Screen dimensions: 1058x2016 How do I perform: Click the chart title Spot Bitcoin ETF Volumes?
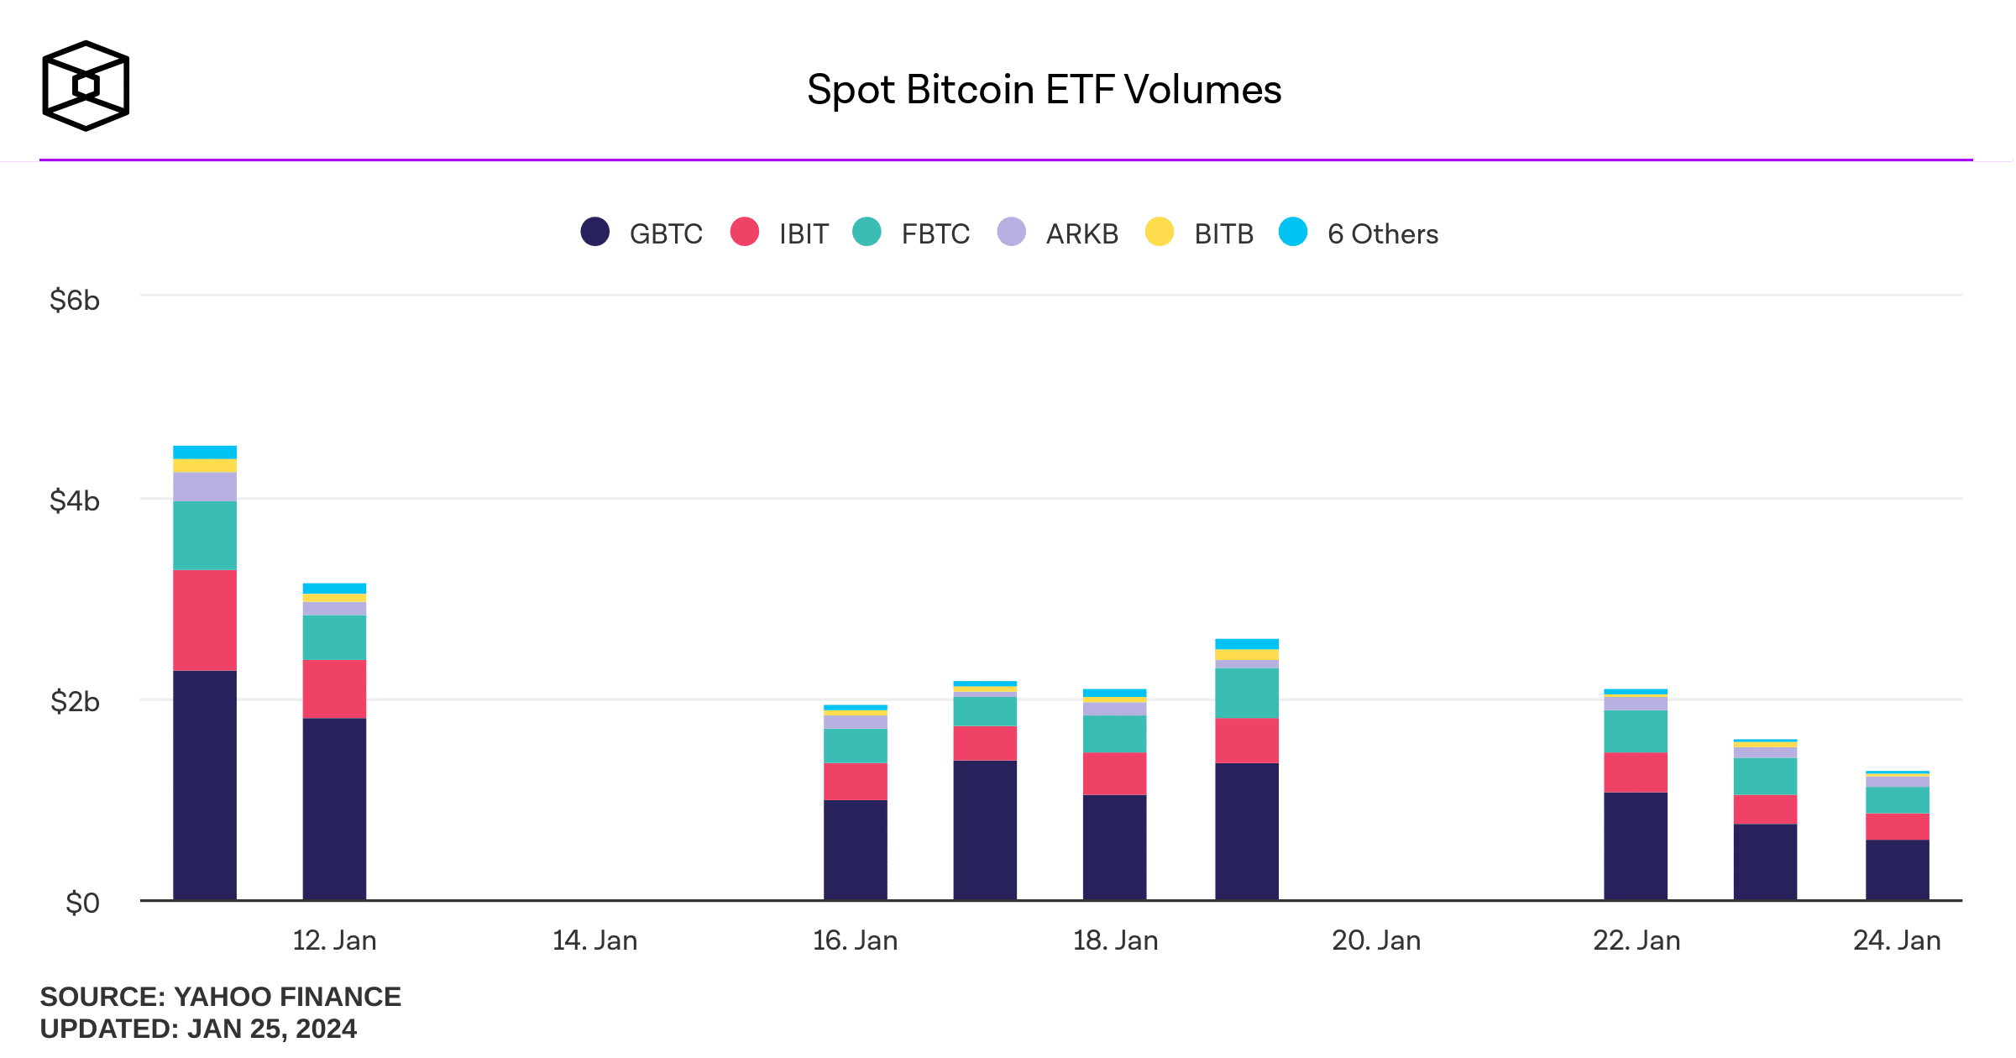tap(1044, 90)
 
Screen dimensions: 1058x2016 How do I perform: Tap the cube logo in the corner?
tap(86, 86)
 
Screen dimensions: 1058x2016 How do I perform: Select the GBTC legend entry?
tap(642, 233)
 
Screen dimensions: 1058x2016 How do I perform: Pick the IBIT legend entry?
tap(780, 233)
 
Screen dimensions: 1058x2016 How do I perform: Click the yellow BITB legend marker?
tap(1160, 232)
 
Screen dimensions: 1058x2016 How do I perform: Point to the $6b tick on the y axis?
tap(75, 300)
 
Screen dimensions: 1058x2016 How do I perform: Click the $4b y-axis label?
tap(75, 501)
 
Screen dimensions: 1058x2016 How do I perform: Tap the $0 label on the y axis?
tap(82, 903)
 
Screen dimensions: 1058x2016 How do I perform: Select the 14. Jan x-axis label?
tap(594, 940)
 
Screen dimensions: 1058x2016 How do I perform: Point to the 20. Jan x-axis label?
tap(1376, 940)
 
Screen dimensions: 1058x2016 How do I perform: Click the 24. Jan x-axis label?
tap(1897, 940)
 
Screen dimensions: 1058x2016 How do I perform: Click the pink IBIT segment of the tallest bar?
tap(205, 621)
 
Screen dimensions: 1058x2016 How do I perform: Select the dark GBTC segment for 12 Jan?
tap(334, 809)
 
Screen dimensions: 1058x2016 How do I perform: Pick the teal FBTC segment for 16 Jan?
tap(855, 746)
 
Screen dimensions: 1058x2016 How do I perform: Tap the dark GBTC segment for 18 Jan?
tap(1114, 847)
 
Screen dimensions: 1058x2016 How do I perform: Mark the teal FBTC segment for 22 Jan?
tap(1636, 731)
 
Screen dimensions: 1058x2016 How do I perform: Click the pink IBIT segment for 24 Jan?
tap(1897, 827)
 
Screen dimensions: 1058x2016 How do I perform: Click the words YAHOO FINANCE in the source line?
tap(287, 997)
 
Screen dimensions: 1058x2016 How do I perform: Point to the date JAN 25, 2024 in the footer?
tap(272, 1029)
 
